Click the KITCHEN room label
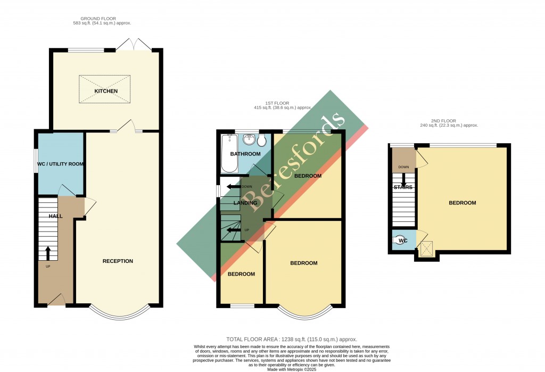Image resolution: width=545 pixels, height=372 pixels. tap(106, 91)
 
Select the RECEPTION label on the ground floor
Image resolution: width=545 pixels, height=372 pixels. tap(118, 261)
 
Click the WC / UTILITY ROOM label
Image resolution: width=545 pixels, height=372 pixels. tap(60, 164)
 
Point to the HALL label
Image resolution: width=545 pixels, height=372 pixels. tap(56, 216)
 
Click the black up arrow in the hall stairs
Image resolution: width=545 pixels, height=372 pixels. tap(48, 253)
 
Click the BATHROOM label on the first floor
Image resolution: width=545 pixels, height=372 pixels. tap(245, 154)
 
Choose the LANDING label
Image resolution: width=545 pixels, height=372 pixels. tap(245, 203)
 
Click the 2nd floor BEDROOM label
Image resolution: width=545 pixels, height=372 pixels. tap(462, 203)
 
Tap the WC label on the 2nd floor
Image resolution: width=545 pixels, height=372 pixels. tap(403, 240)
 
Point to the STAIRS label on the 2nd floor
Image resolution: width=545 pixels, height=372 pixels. tap(403, 187)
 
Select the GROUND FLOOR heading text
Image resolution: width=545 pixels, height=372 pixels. tap(102, 19)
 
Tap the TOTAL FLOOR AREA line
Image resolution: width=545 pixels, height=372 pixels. tap(291, 339)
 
